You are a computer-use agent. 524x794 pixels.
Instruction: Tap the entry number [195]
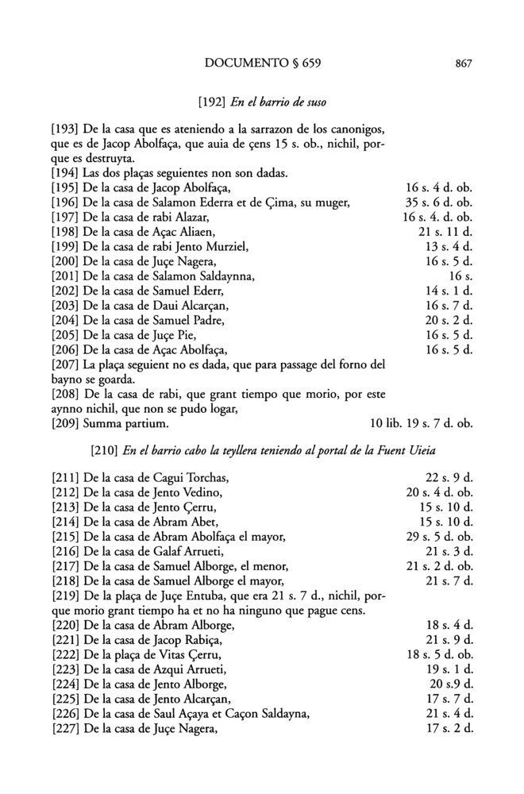pos(64,187)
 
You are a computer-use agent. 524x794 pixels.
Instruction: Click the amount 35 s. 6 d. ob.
pos(438,202)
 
